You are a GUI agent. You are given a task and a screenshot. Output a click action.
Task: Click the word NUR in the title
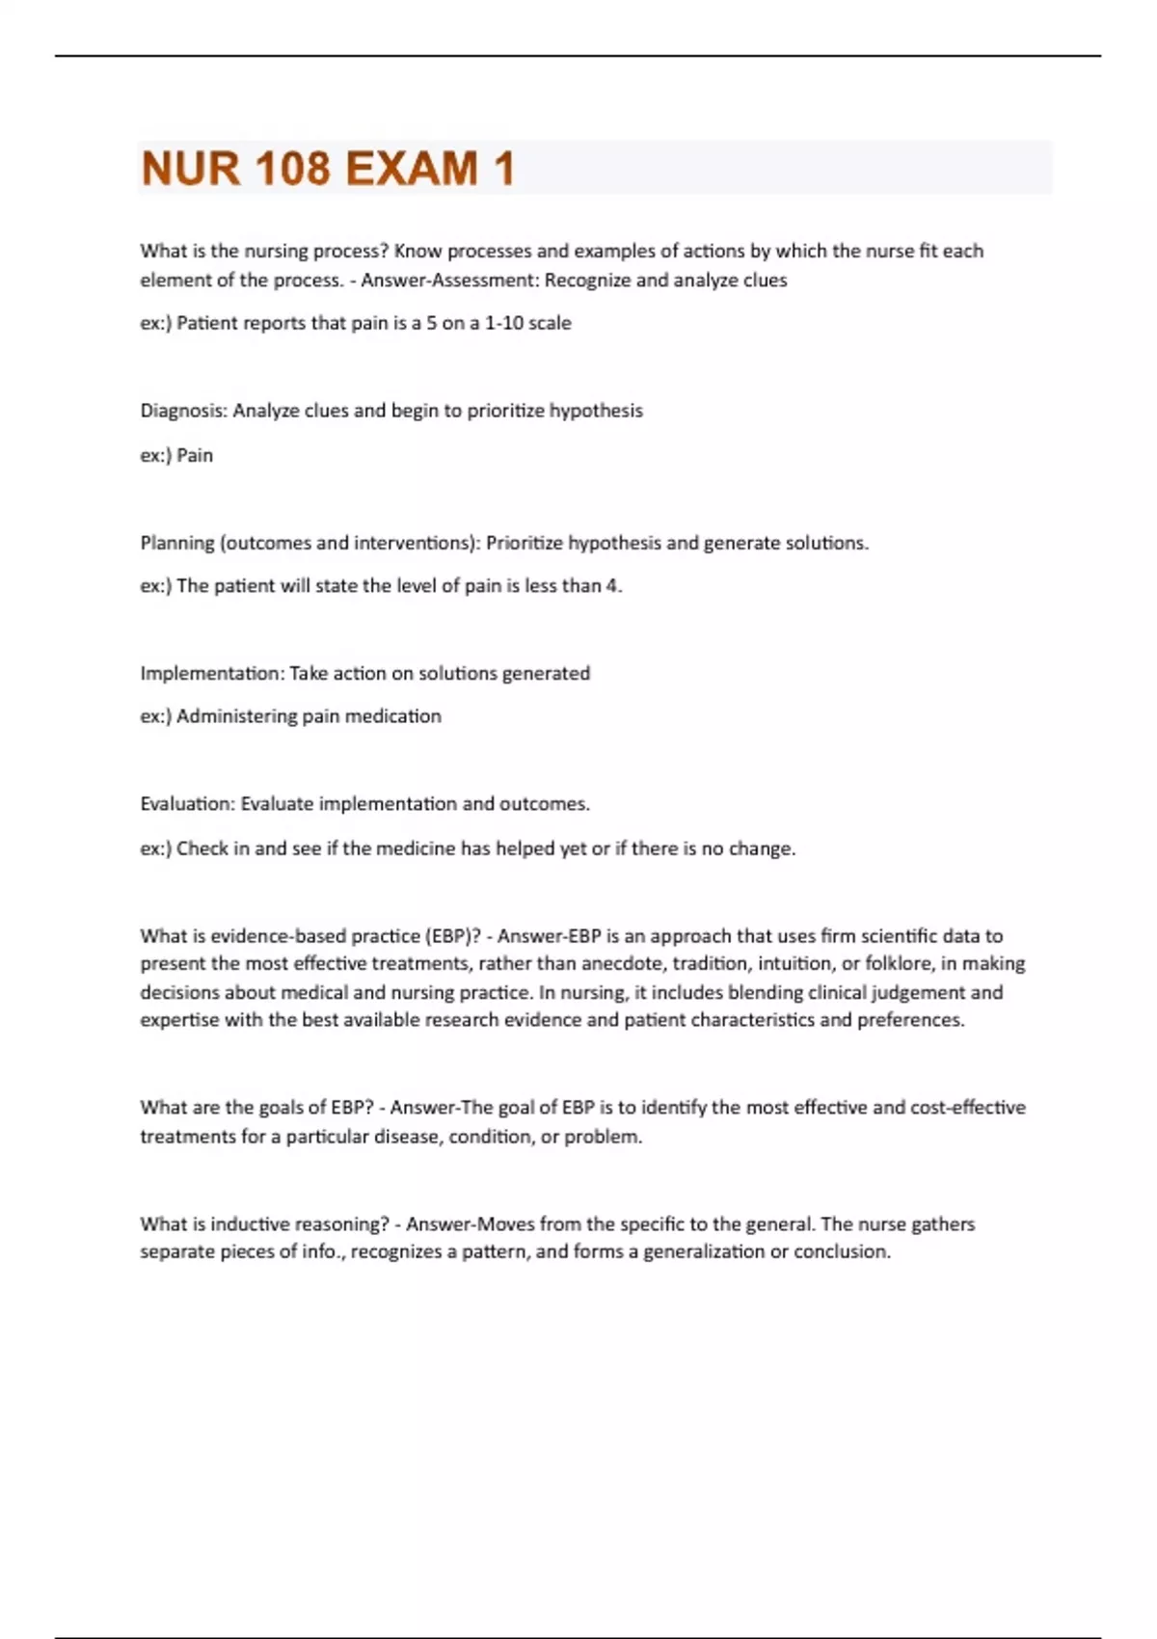coord(190,169)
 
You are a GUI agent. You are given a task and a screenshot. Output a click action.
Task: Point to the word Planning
coord(177,543)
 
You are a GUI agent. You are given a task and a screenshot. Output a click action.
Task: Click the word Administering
coord(236,716)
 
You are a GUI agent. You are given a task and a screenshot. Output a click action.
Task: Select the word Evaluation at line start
coord(186,804)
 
